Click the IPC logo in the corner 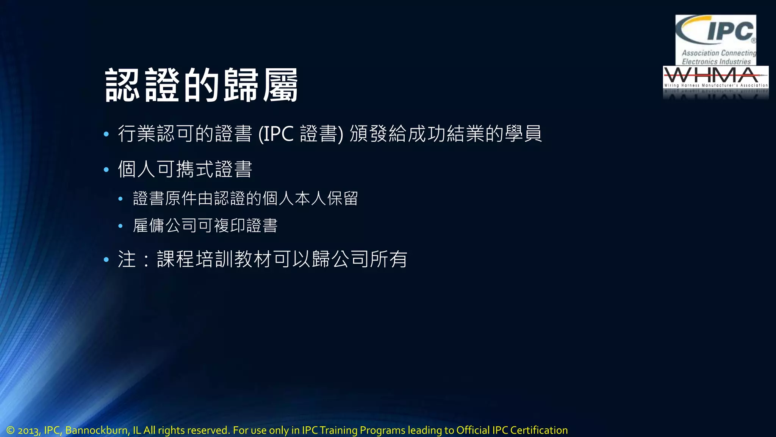coord(715,39)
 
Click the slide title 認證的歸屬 coord(201,85)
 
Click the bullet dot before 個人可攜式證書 coord(106,170)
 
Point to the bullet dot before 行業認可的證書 coord(106,134)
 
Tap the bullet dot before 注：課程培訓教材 coord(106,260)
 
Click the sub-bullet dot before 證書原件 coord(120,199)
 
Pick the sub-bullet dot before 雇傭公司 coord(120,226)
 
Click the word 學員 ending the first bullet coord(523,134)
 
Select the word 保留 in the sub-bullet coord(343,198)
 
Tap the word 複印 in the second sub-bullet coord(230,226)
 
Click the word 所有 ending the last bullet coord(388,259)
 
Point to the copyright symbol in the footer coord(10,430)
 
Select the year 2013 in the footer coord(28,431)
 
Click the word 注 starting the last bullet coord(127,259)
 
